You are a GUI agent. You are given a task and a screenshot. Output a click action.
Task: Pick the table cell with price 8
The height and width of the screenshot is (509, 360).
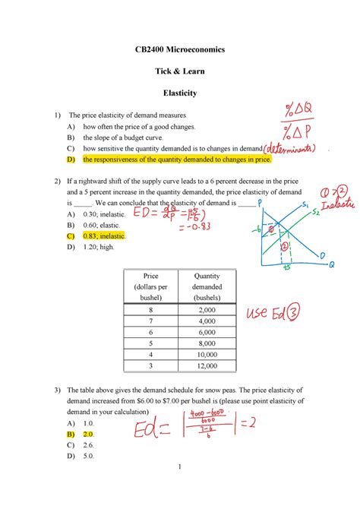(x=150, y=310)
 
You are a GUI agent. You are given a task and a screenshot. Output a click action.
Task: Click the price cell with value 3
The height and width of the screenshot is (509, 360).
(x=150, y=366)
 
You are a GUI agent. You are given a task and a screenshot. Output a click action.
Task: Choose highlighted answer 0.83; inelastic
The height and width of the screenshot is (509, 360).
(x=104, y=236)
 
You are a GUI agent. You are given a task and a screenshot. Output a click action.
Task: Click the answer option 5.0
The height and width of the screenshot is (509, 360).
(x=89, y=456)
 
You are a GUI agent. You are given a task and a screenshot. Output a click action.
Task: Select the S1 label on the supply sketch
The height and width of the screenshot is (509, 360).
(x=305, y=206)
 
